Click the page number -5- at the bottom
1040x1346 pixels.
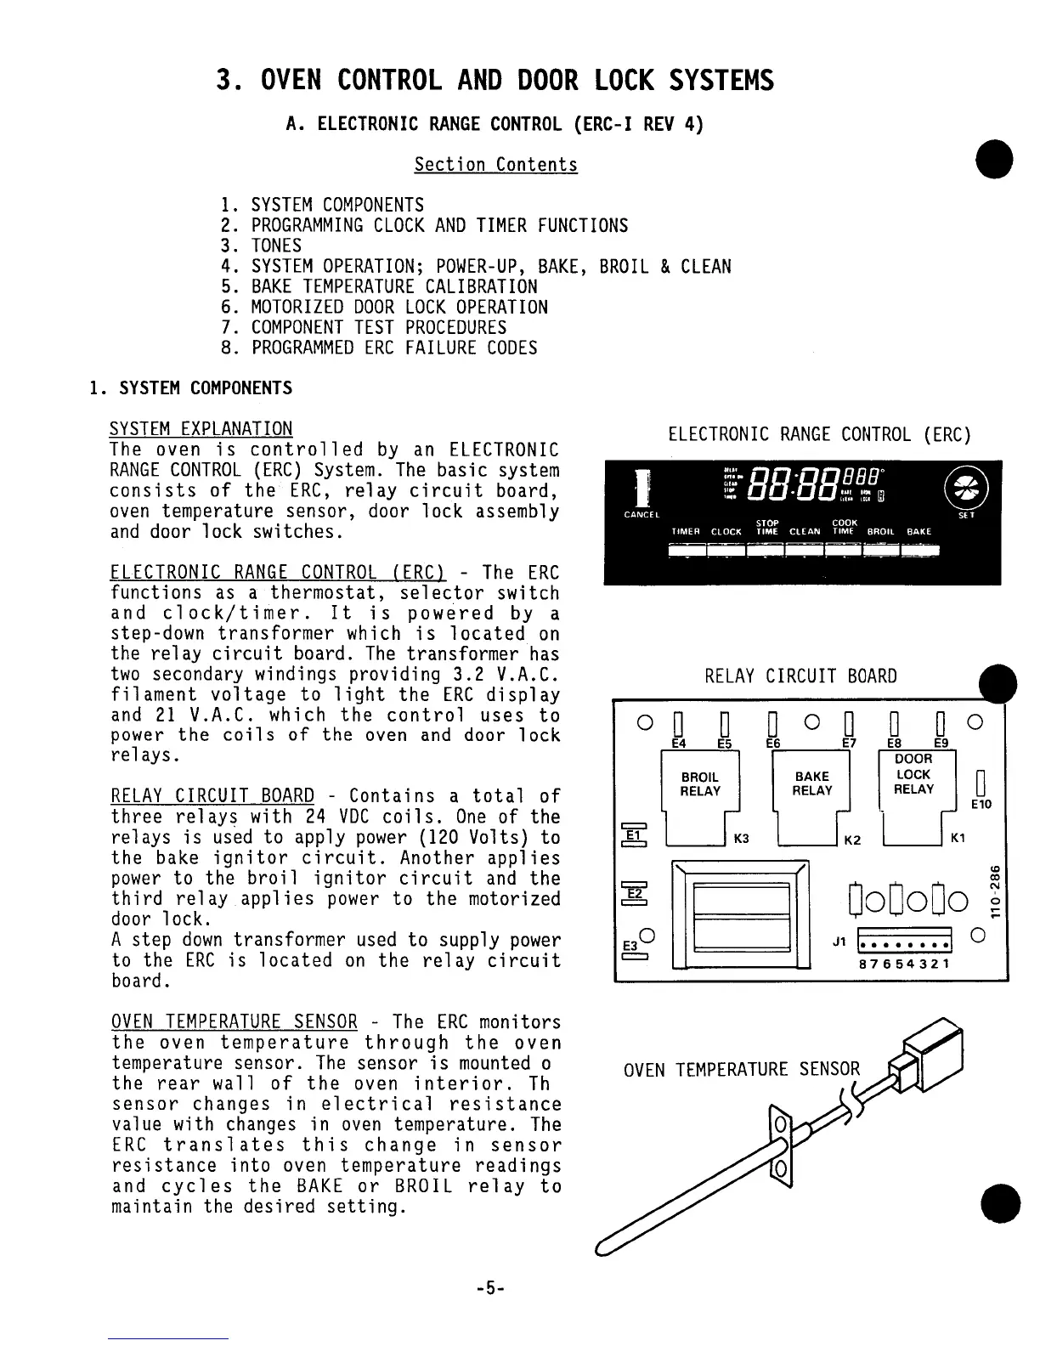[x=491, y=1288]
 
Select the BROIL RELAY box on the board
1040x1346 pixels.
[x=700, y=783]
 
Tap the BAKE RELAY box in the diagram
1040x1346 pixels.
[x=811, y=783]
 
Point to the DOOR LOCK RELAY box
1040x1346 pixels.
[x=913, y=775]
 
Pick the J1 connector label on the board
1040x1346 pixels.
[x=839, y=942]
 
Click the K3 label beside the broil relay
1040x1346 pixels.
[x=741, y=840]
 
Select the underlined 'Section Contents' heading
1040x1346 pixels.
[x=495, y=165]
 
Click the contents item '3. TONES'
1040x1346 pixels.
[x=260, y=246]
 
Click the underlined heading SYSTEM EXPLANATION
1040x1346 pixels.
[x=201, y=429]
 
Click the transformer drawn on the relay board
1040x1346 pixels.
[x=739, y=913]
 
